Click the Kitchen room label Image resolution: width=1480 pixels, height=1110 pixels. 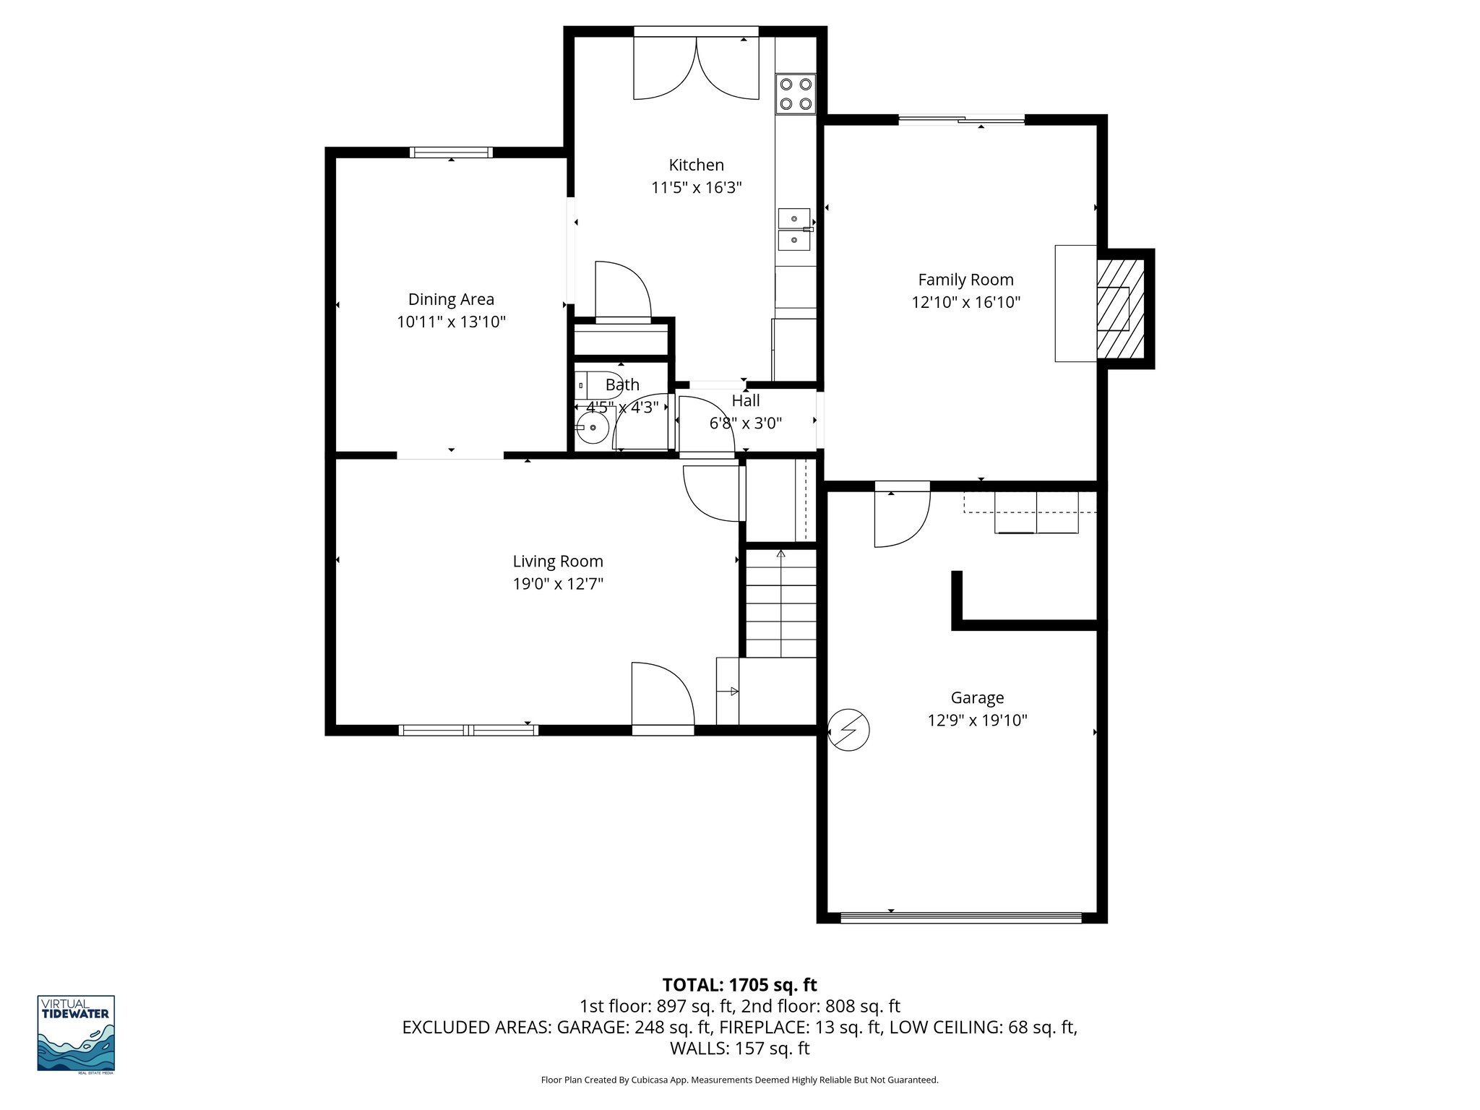pos(696,165)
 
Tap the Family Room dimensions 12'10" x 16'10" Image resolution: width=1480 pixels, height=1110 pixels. pos(965,302)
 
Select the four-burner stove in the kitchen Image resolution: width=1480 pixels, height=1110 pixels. pos(796,94)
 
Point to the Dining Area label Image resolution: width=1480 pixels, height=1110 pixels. pos(451,299)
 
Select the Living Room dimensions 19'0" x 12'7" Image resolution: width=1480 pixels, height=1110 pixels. pos(557,584)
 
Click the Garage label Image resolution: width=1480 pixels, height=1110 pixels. pos(977,697)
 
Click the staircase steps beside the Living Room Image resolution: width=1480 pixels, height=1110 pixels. pos(780,604)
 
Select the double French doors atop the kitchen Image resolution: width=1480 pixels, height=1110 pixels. pos(696,69)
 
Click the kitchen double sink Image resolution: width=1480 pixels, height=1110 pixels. pos(794,229)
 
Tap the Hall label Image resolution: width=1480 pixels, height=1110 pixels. pos(745,400)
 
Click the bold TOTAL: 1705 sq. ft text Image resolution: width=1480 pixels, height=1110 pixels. pos(739,985)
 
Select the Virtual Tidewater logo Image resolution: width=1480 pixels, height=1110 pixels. pos(76,1033)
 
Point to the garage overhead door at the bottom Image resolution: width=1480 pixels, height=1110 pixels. pos(961,918)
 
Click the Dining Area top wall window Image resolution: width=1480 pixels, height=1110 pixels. pos(451,152)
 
